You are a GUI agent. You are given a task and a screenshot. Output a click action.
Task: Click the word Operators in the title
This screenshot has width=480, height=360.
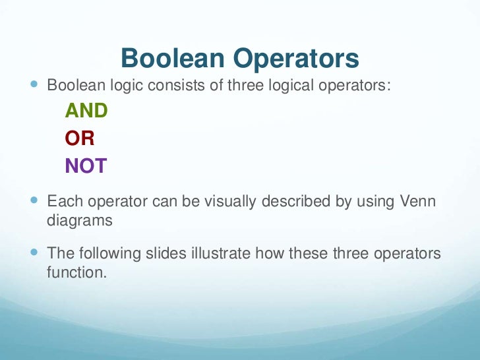(297, 59)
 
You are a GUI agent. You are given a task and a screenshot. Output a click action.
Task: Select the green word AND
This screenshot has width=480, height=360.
(86, 111)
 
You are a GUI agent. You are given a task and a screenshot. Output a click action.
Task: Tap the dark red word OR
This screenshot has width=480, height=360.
(80, 138)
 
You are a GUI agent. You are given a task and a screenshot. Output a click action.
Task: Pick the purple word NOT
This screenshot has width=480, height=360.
(86, 166)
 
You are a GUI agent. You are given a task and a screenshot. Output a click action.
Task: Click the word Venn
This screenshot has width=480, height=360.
(417, 201)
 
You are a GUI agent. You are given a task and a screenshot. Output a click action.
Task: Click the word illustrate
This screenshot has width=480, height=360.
(221, 253)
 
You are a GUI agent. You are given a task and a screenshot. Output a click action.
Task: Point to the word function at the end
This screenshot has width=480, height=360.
(75, 272)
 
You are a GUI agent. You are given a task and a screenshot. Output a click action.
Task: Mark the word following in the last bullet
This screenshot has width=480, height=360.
(106, 253)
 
